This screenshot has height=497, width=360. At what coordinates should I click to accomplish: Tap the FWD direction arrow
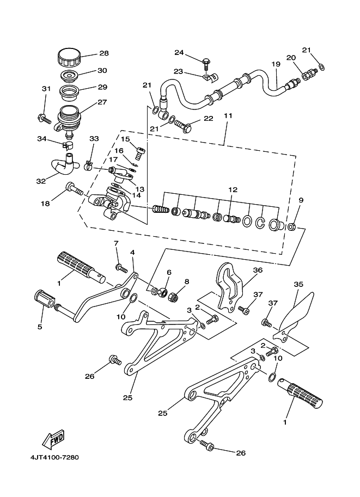point(53,439)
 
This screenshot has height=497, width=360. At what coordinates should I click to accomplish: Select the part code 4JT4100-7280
point(54,457)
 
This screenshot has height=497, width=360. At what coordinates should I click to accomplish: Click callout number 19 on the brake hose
point(276,64)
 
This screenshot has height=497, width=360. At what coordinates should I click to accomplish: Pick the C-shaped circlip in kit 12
point(260,223)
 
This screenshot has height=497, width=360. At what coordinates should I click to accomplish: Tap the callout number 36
point(258,270)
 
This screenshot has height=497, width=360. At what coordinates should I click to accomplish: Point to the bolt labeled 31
point(44,119)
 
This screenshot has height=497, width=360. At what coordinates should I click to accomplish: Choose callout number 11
point(228,116)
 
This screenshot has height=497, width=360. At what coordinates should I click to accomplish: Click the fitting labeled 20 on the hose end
point(309,74)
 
